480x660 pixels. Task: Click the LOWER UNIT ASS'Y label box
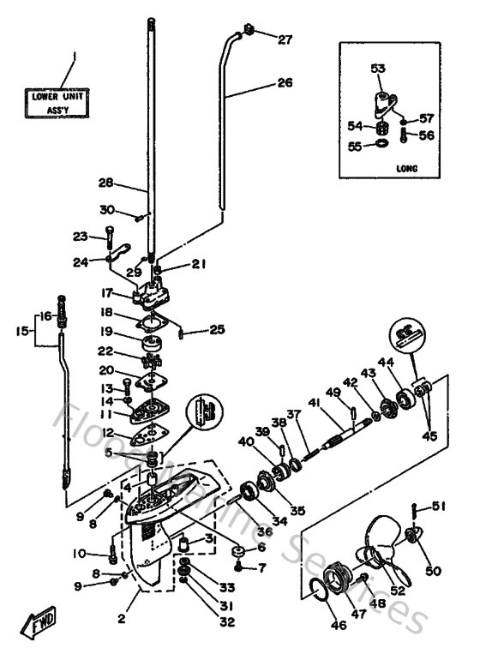point(54,104)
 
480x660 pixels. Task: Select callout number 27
point(285,39)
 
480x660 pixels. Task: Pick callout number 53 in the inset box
point(378,69)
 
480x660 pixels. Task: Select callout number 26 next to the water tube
point(285,83)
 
